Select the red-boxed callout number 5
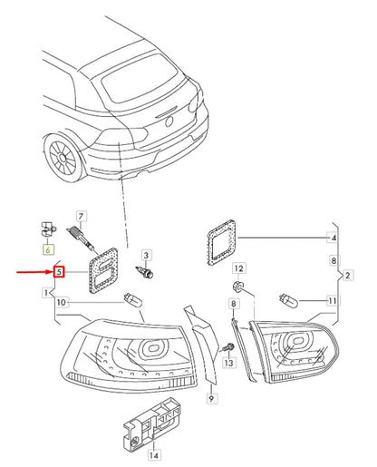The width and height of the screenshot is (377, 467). click(57, 270)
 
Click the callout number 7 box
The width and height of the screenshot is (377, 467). click(81, 217)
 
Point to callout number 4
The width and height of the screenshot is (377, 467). click(333, 238)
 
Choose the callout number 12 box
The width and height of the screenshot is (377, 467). click(237, 268)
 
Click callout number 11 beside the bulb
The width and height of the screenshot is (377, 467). click(332, 300)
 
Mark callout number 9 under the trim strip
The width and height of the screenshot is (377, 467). click(210, 397)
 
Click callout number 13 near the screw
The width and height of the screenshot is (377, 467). click(228, 363)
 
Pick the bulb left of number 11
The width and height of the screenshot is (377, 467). click(289, 299)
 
